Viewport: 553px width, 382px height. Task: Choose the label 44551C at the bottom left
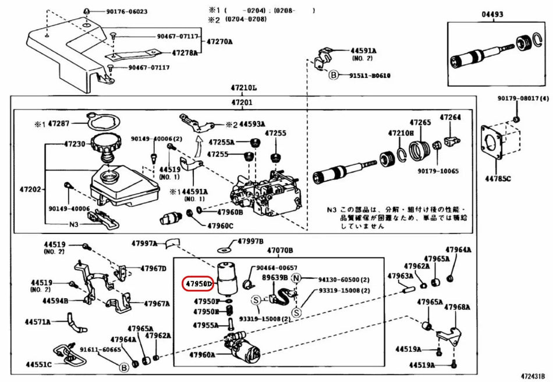38,365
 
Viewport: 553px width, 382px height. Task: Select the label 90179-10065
438,171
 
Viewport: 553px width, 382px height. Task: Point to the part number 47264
450,117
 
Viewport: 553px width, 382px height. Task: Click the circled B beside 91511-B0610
334,75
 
